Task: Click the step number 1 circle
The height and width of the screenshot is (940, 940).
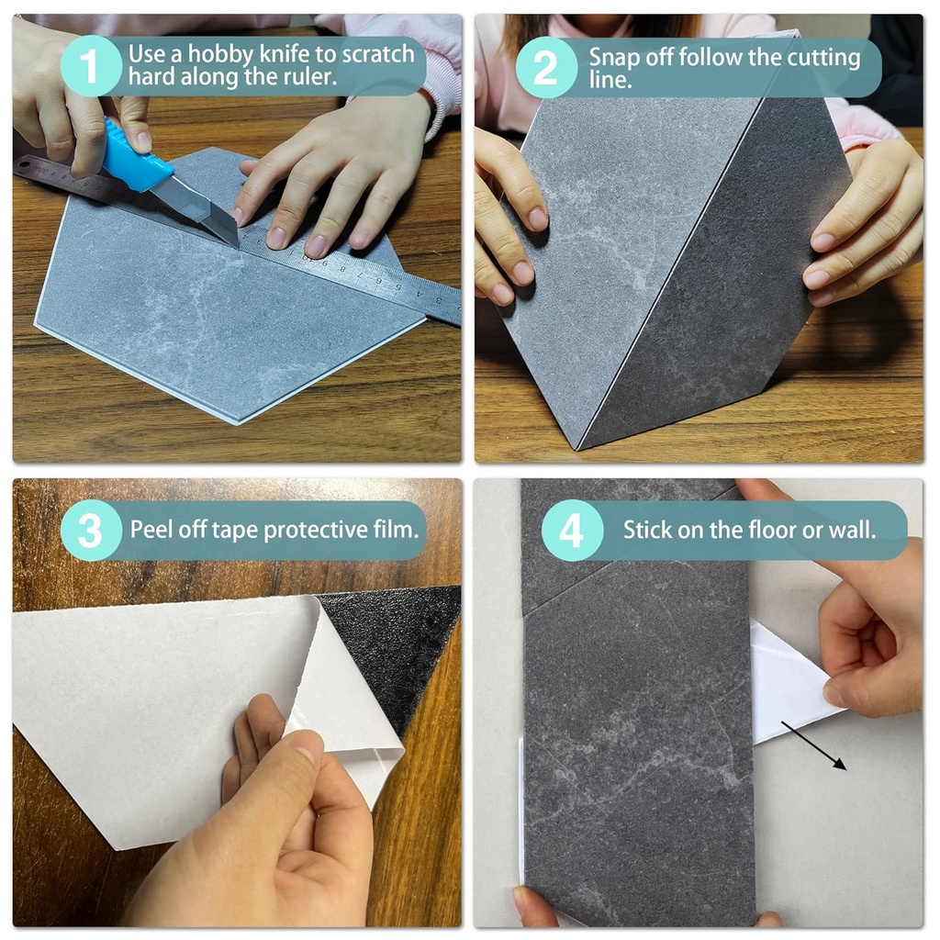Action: point(91,65)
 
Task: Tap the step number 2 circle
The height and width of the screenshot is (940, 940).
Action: point(546,67)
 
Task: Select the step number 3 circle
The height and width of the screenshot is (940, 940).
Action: point(91,531)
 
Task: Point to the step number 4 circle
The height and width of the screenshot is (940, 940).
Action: point(571,531)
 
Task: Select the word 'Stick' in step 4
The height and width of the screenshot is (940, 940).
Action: point(645,530)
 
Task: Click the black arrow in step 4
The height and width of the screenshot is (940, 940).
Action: point(813,745)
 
